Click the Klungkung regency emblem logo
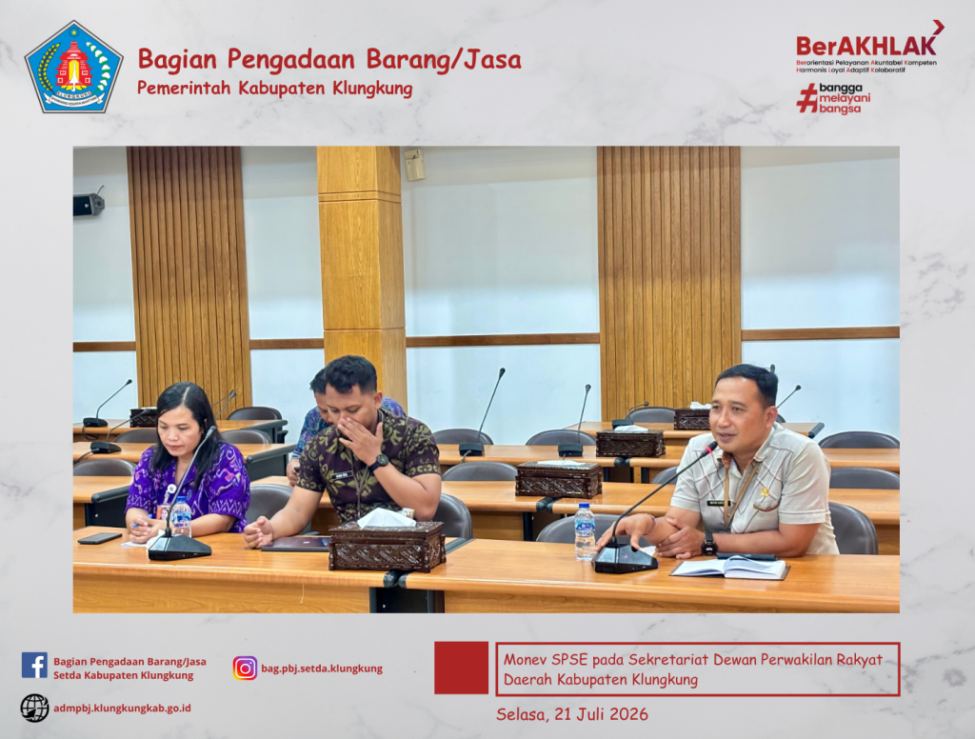[x=73, y=68]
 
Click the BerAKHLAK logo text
[x=866, y=46]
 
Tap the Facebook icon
[x=34, y=665]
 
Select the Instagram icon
[x=245, y=669]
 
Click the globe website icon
[x=34, y=708]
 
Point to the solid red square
[x=461, y=668]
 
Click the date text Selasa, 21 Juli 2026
[x=572, y=714]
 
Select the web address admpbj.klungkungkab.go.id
[x=122, y=708]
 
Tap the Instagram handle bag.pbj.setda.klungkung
[x=322, y=669]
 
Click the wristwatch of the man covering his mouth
[x=378, y=462]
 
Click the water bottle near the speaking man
[x=585, y=531]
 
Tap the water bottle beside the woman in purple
[x=181, y=516]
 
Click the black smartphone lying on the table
[x=99, y=538]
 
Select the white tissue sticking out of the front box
[x=387, y=517]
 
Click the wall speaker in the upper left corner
[x=89, y=204]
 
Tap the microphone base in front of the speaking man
[x=625, y=559]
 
